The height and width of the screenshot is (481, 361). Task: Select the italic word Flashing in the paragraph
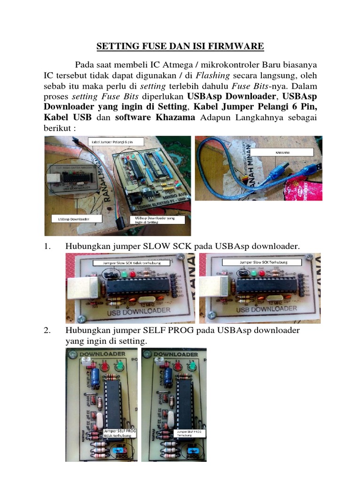point(212,75)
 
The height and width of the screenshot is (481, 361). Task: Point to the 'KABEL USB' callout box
point(281,152)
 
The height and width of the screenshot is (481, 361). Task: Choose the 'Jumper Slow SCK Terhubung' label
point(263,262)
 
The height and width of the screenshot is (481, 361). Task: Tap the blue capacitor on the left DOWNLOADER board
point(95,375)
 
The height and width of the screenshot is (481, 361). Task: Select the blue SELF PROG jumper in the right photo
point(191,451)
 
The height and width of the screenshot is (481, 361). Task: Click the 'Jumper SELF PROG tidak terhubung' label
point(118,432)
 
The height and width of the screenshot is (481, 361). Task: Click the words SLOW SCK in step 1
point(162,246)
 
